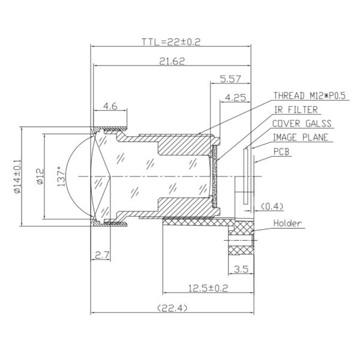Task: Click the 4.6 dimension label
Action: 110,106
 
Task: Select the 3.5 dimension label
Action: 241,269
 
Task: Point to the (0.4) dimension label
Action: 272,206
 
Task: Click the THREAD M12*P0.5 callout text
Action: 310,95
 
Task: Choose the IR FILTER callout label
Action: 296,110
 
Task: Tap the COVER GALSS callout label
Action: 301,124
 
